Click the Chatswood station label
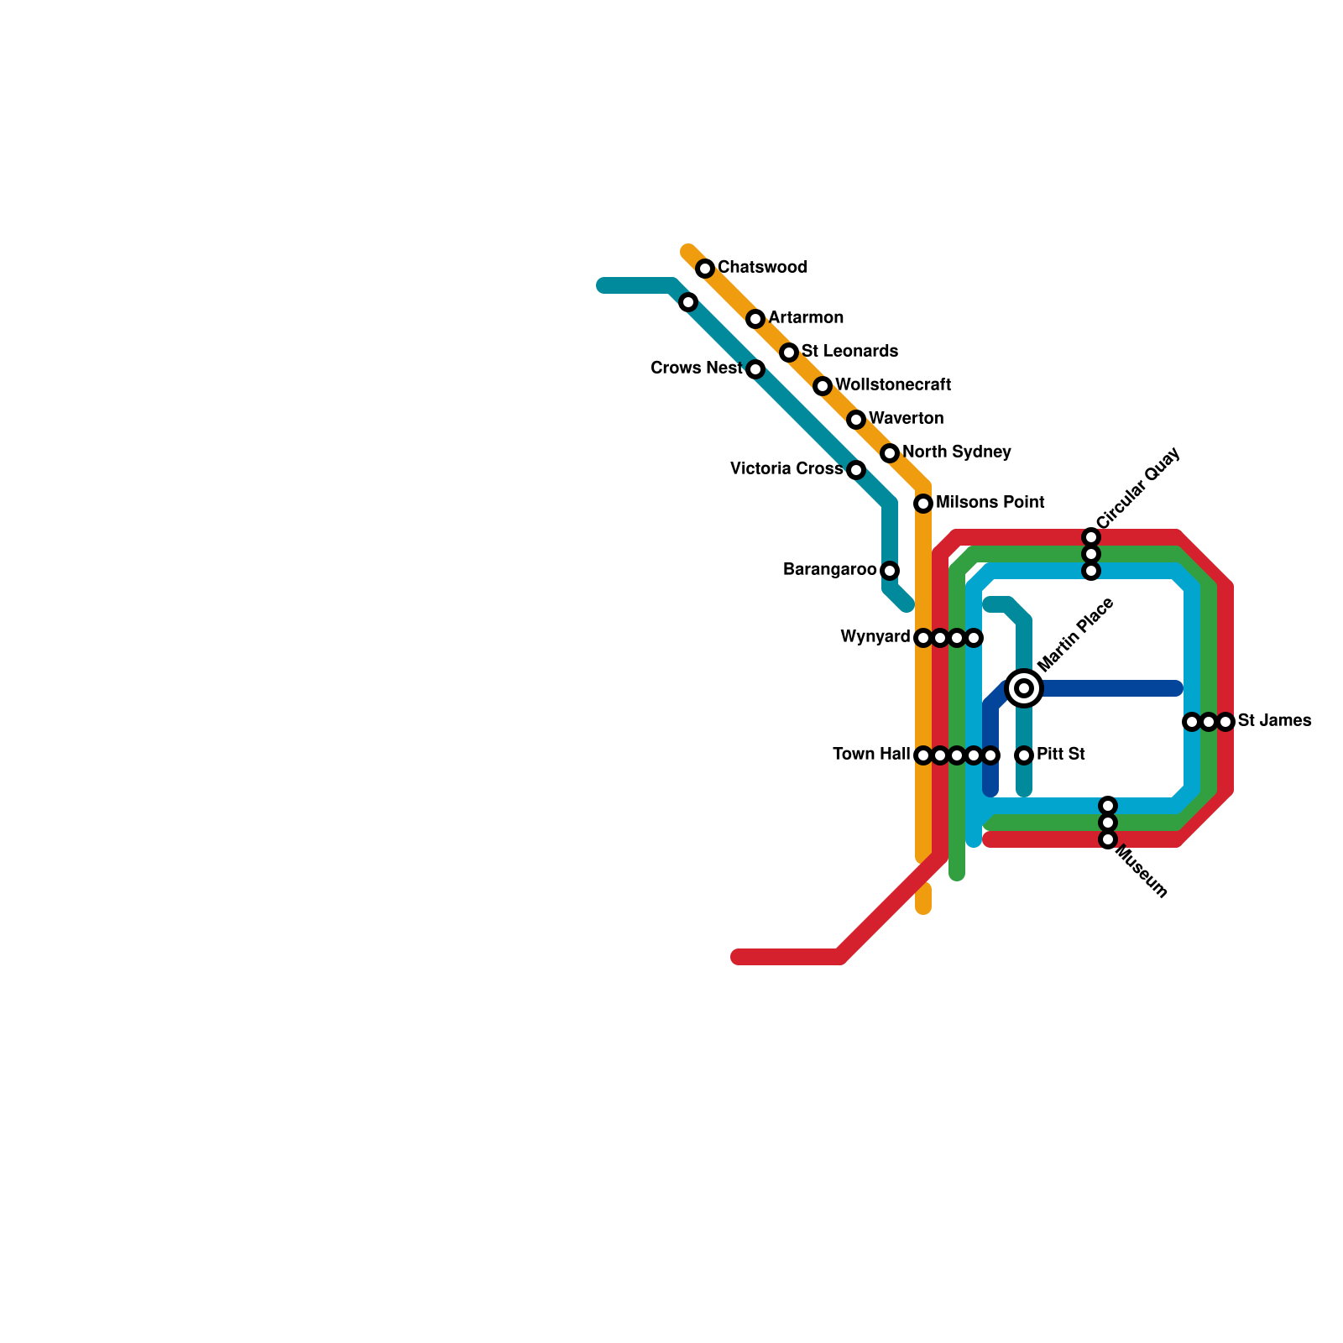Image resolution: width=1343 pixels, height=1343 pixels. click(762, 268)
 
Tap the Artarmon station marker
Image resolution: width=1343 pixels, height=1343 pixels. click(755, 319)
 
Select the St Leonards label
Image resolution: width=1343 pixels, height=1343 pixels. click(849, 351)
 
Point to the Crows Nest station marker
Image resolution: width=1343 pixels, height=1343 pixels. click(755, 369)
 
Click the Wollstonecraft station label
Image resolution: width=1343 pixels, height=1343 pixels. click(893, 385)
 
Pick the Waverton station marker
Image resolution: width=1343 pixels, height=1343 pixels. click(856, 420)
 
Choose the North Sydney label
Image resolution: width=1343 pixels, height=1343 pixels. click(957, 452)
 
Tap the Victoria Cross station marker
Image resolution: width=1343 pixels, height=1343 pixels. click(856, 470)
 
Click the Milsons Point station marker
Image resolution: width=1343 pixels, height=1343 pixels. click(923, 504)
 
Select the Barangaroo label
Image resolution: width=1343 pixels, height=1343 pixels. click(829, 570)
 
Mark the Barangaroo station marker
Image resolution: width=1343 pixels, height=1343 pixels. click(890, 571)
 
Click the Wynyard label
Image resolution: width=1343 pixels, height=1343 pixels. click(875, 637)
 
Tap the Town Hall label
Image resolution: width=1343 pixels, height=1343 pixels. click(871, 755)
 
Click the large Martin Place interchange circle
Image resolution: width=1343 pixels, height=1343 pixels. click(1024, 688)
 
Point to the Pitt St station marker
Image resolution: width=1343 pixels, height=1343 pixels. click(1024, 755)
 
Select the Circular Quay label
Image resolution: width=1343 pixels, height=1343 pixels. click(1137, 489)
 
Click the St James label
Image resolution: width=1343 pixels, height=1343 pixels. click(1274, 721)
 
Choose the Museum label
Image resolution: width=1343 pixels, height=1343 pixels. click(1142, 873)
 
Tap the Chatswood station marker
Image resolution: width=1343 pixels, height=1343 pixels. click(705, 269)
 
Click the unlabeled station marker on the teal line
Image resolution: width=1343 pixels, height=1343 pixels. click(688, 302)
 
